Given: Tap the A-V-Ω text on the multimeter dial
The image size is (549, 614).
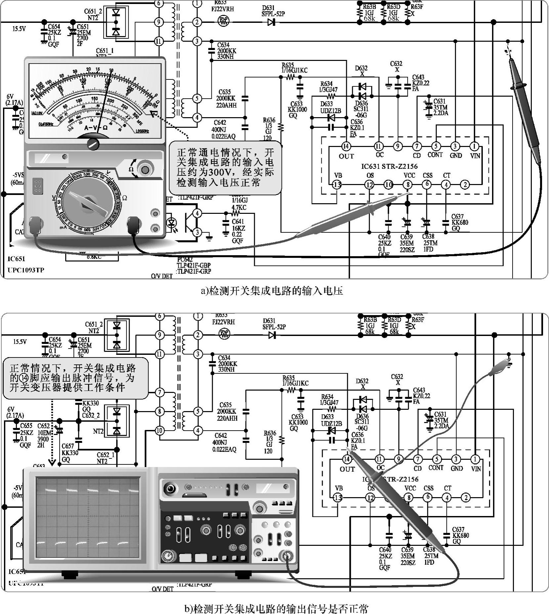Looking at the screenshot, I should coord(96,128).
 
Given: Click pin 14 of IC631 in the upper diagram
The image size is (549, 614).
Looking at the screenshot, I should coord(346,146).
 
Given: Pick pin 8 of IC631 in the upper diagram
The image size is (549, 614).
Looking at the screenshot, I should coord(408,185).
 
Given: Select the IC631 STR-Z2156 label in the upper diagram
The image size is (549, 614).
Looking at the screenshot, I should coord(389,166).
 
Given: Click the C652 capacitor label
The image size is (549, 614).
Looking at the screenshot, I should coord(43,426).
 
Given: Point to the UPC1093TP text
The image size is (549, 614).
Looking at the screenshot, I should coord(26,270).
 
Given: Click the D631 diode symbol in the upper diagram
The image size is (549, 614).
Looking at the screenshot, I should coord(272,22).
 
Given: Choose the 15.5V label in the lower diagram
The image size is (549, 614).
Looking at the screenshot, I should coord(20,341).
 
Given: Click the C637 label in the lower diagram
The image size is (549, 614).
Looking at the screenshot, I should coord(458,529).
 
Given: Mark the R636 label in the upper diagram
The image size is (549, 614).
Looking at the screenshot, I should coord(269,120).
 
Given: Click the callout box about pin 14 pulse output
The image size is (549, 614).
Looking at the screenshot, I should coord(75,378).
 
